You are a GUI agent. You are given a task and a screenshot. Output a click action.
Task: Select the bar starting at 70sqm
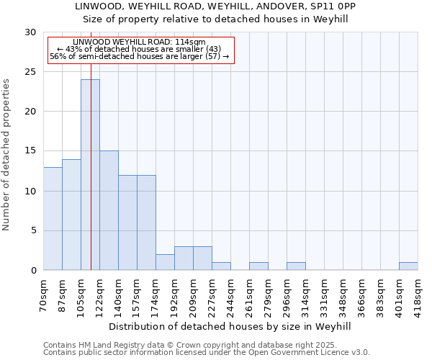click(53, 219)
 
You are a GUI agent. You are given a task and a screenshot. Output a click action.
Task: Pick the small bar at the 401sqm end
click(408, 266)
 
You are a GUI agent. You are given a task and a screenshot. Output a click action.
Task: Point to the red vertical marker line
click(91, 144)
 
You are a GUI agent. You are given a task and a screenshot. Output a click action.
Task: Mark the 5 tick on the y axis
click(33, 231)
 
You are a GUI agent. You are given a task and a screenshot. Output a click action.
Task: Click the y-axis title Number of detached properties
click(6, 155)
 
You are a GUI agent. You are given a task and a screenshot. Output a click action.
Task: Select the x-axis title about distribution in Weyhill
click(230, 326)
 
